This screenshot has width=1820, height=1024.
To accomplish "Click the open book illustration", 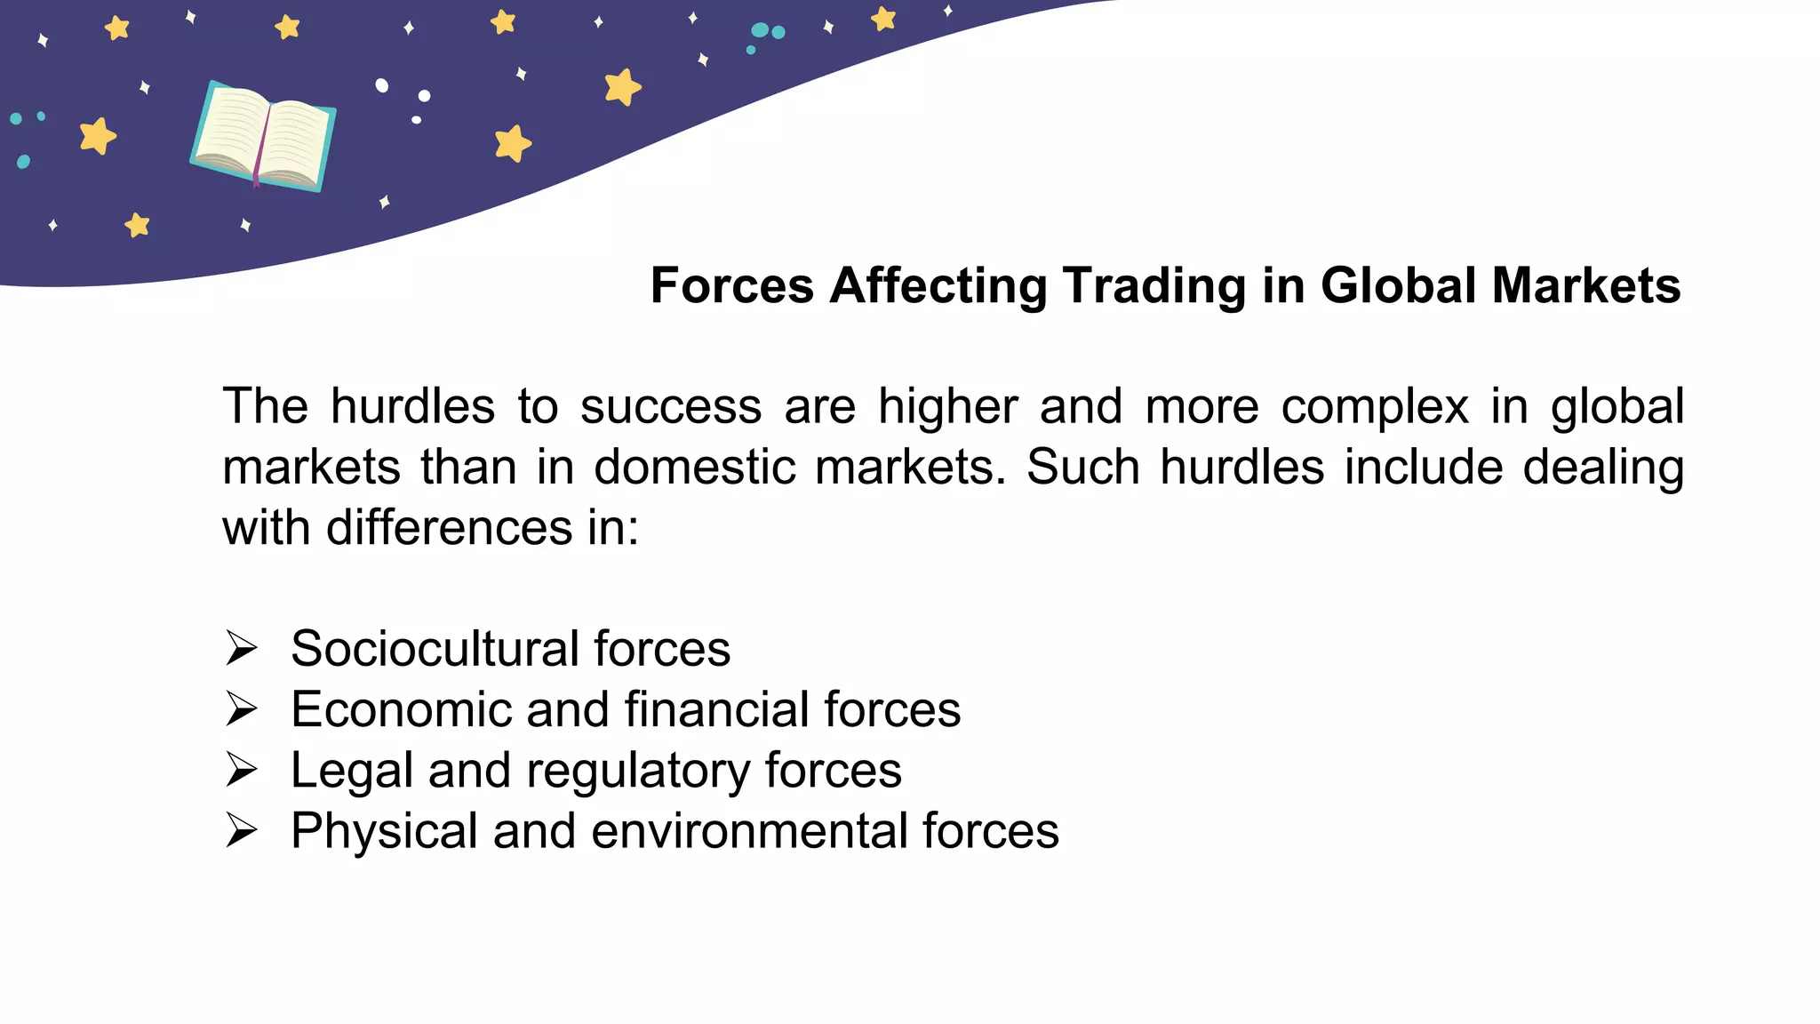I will [x=263, y=135].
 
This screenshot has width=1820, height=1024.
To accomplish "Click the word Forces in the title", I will [x=731, y=286].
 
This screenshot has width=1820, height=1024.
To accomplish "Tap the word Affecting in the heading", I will [x=938, y=286].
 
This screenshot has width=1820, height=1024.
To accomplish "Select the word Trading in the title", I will [x=1153, y=286].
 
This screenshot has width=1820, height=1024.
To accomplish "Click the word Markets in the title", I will [x=1586, y=286].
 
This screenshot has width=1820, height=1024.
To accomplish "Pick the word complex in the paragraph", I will [x=1375, y=407].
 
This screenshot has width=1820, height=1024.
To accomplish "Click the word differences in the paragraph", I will [x=449, y=528].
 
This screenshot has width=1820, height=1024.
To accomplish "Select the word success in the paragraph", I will [x=671, y=407].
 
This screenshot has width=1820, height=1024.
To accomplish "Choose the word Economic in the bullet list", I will [x=400, y=710].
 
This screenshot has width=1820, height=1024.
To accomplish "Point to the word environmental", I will [x=749, y=831].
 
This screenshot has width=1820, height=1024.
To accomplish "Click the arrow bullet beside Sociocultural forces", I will [x=241, y=648].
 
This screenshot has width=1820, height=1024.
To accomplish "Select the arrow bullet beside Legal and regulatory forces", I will [x=241, y=770].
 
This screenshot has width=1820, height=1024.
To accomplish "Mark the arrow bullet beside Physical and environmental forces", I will [x=241, y=830].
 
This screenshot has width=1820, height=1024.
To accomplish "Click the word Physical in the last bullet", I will [x=384, y=831].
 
